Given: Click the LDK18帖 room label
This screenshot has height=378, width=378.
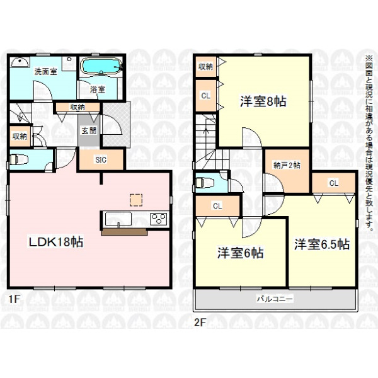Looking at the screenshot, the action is pos(56,242).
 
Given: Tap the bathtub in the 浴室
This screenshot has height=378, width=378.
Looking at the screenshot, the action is pos(101,65).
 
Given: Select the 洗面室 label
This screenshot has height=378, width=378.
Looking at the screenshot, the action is pos(45,71).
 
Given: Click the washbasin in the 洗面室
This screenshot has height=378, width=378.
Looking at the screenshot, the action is pos(20,62).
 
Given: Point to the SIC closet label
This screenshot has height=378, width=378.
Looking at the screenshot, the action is pos(101,159).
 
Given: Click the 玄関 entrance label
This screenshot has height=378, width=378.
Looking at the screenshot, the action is pos(89,130).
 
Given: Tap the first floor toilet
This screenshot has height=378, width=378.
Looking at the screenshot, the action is pos(20,159).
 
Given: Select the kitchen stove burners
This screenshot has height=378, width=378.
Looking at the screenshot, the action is pos(158,219).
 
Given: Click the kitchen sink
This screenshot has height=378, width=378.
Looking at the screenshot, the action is pos(118,219).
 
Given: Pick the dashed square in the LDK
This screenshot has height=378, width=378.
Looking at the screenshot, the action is pos(136,200).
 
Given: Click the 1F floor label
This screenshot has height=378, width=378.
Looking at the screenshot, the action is pos(14,299).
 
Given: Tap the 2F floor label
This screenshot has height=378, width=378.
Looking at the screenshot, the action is pos(200,322).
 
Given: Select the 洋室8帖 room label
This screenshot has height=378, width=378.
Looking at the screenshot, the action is pos(263,101).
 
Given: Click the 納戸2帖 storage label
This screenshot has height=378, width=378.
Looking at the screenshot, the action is pos(287,165).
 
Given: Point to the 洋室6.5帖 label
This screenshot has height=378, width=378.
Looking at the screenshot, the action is pos(322,244).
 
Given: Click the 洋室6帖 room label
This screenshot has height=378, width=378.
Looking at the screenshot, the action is pos(241,253).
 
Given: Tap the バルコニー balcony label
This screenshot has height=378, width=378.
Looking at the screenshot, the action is pos(275,299).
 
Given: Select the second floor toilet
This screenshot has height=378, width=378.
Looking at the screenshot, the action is pos(205,183).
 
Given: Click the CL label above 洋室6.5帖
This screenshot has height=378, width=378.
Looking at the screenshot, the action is pos(334,183).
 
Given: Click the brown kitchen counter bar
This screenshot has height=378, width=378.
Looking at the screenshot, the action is pos(124,232).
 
